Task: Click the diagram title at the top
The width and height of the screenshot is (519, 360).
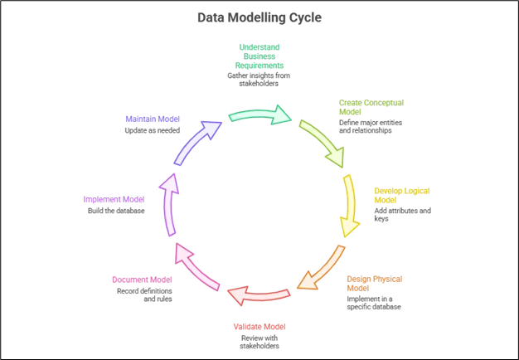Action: click(x=259, y=16)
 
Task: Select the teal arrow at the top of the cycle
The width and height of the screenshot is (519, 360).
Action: click(x=259, y=114)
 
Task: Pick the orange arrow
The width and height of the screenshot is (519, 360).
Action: click(x=321, y=267)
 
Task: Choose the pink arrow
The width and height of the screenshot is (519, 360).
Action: click(x=197, y=267)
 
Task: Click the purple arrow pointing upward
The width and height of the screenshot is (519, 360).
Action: click(x=169, y=204)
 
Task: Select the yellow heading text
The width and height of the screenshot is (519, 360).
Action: click(x=400, y=195)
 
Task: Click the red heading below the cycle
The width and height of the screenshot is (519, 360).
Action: click(x=259, y=326)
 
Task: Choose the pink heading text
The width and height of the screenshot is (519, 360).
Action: click(x=142, y=279)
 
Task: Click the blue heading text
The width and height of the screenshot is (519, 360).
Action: click(x=151, y=119)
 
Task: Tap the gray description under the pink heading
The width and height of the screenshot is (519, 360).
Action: click(x=142, y=295)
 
